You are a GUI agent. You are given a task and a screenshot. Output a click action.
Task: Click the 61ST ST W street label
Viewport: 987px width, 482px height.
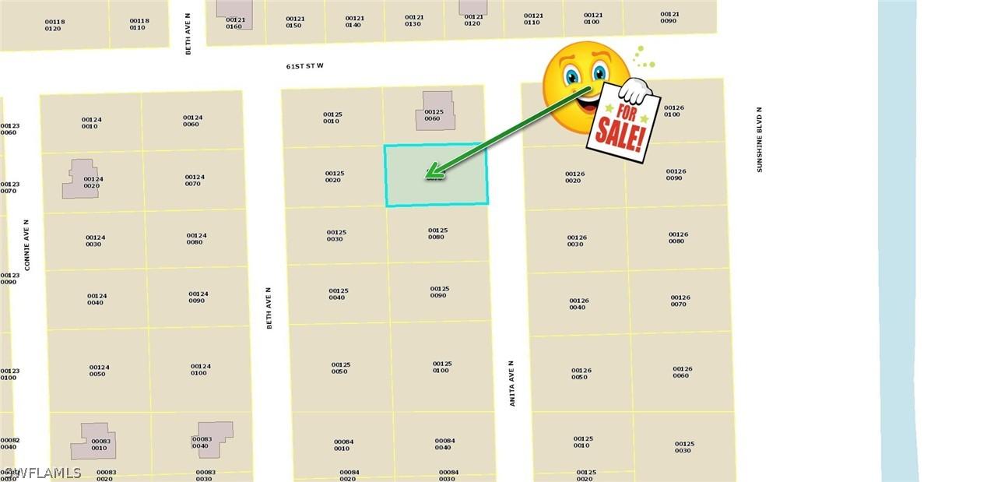(304, 66)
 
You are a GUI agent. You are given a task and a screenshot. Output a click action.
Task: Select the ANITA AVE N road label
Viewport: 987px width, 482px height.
(511, 383)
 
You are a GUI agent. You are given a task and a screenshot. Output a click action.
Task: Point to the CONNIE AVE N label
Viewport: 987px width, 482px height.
(26, 245)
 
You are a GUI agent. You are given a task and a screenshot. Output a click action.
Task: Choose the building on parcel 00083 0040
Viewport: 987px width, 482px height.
(213, 439)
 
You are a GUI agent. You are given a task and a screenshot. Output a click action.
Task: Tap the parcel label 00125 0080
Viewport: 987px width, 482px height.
(437, 234)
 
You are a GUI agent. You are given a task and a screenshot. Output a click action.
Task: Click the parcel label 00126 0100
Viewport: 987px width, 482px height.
(673, 111)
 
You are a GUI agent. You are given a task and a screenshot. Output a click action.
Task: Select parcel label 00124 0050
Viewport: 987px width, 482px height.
(97, 371)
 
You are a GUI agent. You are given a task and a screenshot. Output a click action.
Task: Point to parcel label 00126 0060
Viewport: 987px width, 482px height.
(682, 372)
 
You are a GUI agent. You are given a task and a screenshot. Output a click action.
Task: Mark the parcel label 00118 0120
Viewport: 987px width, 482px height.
(53, 25)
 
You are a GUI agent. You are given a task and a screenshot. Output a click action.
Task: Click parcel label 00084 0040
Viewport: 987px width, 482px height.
(444, 444)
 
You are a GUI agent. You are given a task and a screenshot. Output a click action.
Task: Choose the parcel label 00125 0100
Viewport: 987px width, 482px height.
(441, 367)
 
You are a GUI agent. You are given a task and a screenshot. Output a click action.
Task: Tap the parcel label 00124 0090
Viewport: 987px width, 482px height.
(198, 297)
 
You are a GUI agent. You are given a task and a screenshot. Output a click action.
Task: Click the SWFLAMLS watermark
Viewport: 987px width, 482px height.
(42, 473)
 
